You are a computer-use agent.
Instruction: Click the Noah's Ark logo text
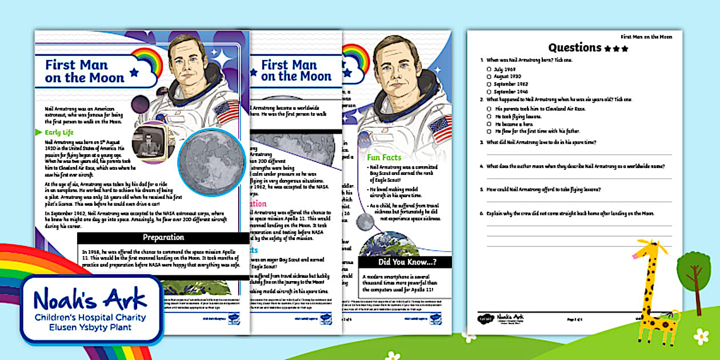(x=90, y=299)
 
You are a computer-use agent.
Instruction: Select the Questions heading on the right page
(x=575, y=48)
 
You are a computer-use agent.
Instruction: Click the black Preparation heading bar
(x=163, y=237)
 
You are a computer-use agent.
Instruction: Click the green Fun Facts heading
(x=384, y=157)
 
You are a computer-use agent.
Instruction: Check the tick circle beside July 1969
(x=489, y=69)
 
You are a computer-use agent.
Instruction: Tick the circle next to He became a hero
(x=489, y=123)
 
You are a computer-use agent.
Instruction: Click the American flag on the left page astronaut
(x=229, y=111)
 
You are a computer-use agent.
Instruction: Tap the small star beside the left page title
(x=134, y=73)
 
